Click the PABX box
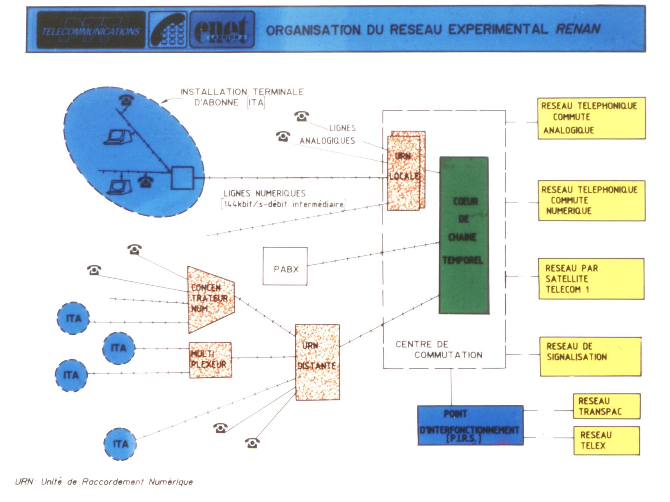(x=285, y=266)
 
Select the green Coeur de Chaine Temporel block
(x=464, y=235)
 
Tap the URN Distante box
(x=317, y=362)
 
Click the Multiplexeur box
(x=210, y=360)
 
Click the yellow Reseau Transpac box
(x=606, y=406)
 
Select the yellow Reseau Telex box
(x=606, y=440)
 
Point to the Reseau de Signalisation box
(x=590, y=356)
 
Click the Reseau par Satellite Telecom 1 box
(x=591, y=279)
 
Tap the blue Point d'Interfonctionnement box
(x=470, y=425)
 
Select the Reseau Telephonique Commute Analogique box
(x=591, y=118)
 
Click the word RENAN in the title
(x=578, y=29)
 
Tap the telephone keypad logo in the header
(x=168, y=30)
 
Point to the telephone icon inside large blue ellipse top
(x=126, y=99)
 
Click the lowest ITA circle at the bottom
(x=120, y=444)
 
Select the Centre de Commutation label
(x=439, y=349)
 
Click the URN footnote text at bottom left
(x=104, y=482)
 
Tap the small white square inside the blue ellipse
(x=182, y=178)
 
